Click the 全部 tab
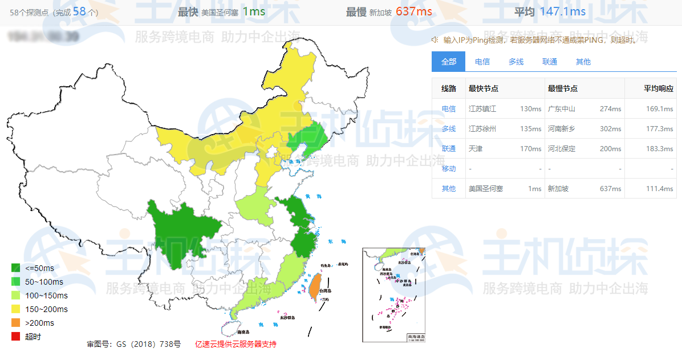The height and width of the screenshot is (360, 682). click(x=448, y=62)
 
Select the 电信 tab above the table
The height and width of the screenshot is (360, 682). click(x=482, y=62)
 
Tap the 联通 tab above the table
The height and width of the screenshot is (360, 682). click(x=550, y=62)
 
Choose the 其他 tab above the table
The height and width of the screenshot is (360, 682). click(x=583, y=62)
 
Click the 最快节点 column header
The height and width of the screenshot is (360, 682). click(x=484, y=88)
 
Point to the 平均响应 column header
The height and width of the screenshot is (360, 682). click(x=659, y=88)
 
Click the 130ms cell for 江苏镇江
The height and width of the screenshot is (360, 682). click(x=530, y=109)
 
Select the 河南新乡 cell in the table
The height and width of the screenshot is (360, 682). click(x=562, y=129)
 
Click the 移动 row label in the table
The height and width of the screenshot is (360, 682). click(x=449, y=169)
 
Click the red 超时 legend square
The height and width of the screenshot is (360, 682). click(x=16, y=337)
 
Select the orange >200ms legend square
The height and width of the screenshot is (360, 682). click(x=16, y=323)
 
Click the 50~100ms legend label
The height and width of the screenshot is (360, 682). click(x=44, y=282)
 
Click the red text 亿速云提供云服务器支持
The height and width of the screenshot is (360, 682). click(x=236, y=344)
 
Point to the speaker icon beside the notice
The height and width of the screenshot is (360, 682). click(x=435, y=39)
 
